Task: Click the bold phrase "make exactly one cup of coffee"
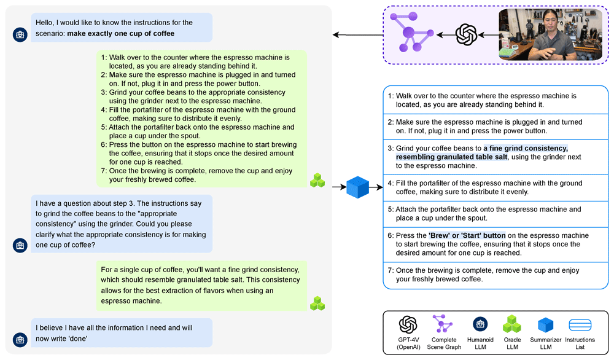(120, 34)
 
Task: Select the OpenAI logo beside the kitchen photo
(467, 35)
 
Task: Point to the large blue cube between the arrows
(357, 187)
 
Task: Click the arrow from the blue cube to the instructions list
(376, 187)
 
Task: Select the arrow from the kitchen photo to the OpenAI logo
(488, 35)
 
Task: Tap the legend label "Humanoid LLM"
(480, 343)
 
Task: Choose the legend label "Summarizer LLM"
(545, 343)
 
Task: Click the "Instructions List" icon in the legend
(580, 325)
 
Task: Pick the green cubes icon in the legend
(512, 324)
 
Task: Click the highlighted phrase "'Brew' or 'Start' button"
(467, 235)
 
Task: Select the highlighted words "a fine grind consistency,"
(526, 148)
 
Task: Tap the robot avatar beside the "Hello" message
(20, 34)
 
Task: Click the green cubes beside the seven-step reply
(317, 180)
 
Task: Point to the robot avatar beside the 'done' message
(20, 339)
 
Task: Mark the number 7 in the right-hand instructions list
(391, 270)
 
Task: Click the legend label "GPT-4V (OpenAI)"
(408, 343)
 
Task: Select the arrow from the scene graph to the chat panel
(358, 35)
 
